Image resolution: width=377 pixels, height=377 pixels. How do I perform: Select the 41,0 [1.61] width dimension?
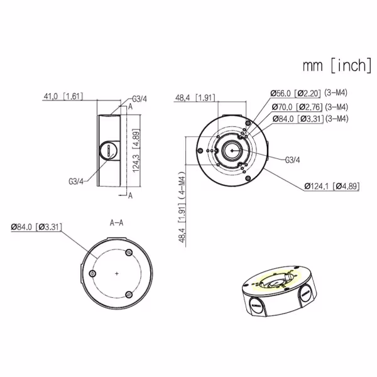pos(63,97)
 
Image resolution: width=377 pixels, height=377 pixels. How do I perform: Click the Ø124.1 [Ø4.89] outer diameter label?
pos(331,186)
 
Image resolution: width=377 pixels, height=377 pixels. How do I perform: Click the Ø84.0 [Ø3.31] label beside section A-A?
pos(36,226)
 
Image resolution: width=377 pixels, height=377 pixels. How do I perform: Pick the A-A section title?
pos(117,222)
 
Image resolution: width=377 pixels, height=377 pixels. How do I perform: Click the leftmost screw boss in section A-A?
pos(93,275)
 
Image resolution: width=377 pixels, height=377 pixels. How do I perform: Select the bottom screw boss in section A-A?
pos(129,295)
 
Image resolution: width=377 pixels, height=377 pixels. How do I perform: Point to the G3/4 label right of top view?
pos(293,160)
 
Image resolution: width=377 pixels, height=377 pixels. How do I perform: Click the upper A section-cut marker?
pos(129,106)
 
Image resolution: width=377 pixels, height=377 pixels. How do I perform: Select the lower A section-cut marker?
pos(129,195)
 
